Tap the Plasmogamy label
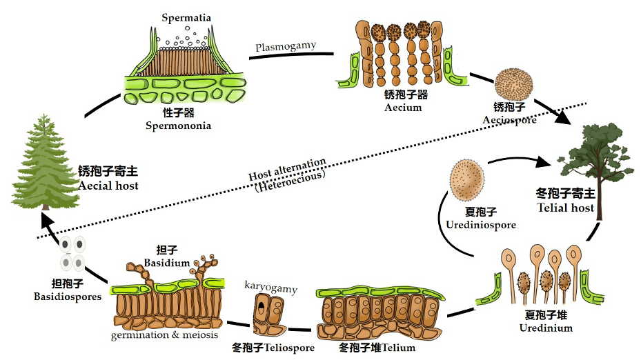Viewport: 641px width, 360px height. tap(285, 46)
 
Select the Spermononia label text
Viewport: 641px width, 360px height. tap(178, 126)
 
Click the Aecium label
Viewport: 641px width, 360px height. tap(402, 108)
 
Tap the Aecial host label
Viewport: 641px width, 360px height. tap(108, 186)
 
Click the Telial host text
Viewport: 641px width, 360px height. tap(564, 208)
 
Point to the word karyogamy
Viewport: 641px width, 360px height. tap(269, 285)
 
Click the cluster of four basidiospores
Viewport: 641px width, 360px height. tap(72, 253)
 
